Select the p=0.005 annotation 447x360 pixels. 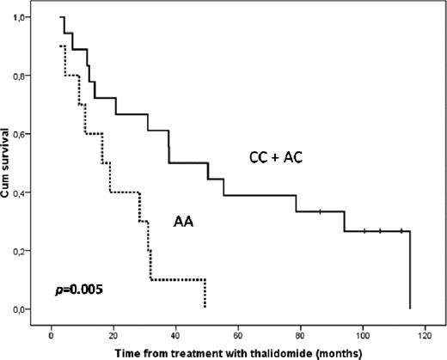point(78,289)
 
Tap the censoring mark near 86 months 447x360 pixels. point(320,211)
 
